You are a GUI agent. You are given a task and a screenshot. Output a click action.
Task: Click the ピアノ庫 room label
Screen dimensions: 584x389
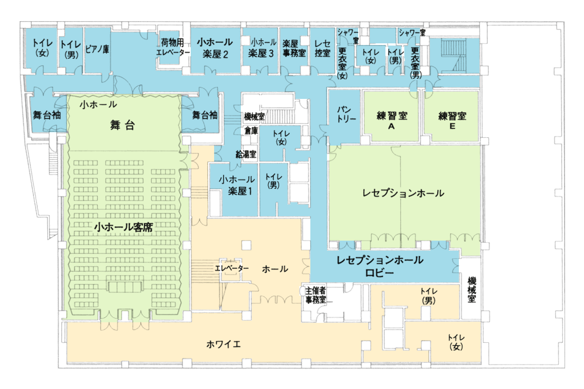pos(97,49)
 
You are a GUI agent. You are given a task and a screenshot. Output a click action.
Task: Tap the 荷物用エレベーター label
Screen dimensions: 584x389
pos(172,48)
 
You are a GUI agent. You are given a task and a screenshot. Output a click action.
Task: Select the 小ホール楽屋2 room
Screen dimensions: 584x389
pos(215,48)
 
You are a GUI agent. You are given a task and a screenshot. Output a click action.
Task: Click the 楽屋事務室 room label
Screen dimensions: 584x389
pos(294,48)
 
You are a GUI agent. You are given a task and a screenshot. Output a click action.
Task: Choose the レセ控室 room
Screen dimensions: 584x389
pos(322,48)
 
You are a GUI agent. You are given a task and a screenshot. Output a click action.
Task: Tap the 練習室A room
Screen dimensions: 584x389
pos(392,120)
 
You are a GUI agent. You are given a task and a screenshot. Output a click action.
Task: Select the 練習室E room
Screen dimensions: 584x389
pos(452,120)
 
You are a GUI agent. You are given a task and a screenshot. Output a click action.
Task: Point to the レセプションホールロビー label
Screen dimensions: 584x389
pos(379,266)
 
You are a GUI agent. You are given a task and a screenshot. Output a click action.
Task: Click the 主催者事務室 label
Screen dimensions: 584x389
pos(315,295)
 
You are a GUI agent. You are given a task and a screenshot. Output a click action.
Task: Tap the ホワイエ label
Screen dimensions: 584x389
pos(224,345)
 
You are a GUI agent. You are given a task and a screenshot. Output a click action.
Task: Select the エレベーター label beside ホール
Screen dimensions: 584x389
pos(232,268)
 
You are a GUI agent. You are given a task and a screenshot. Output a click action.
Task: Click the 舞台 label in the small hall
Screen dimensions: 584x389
pos(122,125)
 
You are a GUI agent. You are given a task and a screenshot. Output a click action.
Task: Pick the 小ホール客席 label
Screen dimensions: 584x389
pos(123,227)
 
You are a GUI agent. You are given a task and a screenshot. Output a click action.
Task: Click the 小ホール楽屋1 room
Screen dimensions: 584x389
pos(237,186)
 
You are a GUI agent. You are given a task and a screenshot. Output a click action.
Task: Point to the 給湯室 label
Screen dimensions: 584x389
pos(246,154)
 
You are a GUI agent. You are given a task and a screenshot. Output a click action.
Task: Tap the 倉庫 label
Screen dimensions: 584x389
pos(251,131)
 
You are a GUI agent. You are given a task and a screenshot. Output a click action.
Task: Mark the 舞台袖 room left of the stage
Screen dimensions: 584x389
pos(47,114)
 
